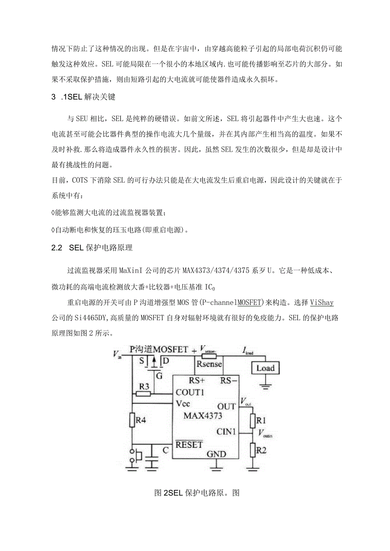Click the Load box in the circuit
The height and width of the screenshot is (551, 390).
tap(265, 368)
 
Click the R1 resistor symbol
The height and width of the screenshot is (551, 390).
tap(253, 420)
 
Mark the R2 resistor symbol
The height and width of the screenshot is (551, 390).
tap(253, 449)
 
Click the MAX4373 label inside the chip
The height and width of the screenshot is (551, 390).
tap(203, 415)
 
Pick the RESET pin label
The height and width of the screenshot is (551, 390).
tap(189, 445)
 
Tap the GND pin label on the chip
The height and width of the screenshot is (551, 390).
tap(216, 454)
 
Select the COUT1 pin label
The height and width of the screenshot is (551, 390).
tap(190, 392)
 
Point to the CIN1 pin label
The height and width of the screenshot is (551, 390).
tap(226, 432)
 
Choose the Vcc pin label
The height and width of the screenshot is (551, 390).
tap(186, 404)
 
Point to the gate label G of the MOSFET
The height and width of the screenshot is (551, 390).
tap(159, 375)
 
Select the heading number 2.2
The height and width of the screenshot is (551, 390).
tap(57, 248)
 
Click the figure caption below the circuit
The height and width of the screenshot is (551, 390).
tap(197, 493)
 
